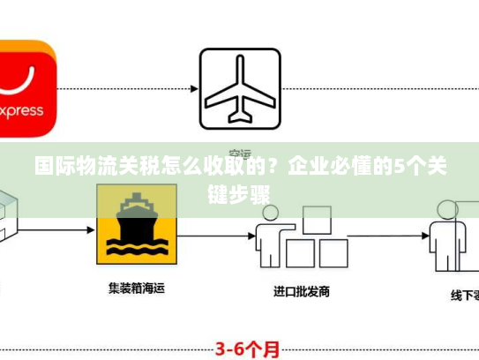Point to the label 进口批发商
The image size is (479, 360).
302,290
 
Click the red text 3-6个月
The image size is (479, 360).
250,348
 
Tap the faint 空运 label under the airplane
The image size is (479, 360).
240,151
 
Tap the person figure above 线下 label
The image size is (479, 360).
445,234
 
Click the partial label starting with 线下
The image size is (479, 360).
463,296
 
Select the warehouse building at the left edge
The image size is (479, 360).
9,216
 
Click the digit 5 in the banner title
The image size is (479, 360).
398,165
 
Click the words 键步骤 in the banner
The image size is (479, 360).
239,193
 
